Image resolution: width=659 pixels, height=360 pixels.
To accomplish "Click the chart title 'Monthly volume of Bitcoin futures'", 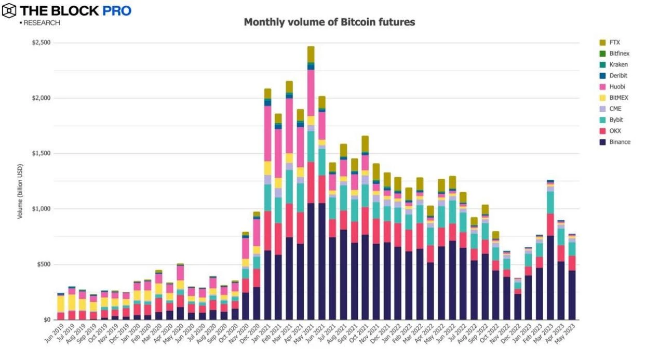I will coord(329,22).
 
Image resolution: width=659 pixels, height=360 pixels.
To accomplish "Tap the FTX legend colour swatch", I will coord(602,43).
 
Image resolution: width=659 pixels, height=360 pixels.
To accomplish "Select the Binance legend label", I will coord(620,142).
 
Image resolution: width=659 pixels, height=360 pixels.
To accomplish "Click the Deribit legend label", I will coord(618,76).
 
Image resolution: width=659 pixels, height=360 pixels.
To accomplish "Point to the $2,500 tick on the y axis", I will coord(42,43).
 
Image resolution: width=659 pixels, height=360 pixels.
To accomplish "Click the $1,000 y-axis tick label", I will coord(42,209).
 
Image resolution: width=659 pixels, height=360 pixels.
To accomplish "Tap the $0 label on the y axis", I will coord(46,320).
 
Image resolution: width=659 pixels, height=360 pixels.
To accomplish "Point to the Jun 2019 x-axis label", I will coord(54,332).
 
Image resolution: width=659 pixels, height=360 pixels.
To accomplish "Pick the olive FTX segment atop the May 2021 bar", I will coord(311,55).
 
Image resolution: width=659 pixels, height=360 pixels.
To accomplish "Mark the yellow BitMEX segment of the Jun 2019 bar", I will coord(61,303).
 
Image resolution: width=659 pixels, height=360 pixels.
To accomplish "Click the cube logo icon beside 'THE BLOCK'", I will coord(9,10).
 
